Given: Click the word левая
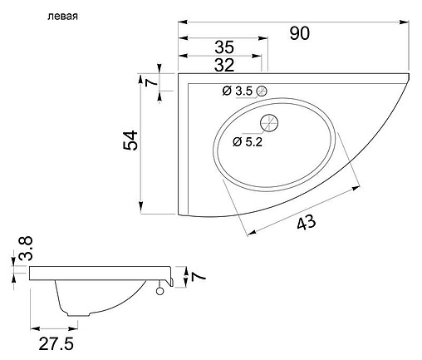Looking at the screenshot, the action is click(62, 17).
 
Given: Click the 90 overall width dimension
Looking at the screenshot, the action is click(300, 33).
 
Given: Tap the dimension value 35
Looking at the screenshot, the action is click(224, 47).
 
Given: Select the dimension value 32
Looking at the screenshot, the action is click(224, 66).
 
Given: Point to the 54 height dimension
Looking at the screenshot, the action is click(130, 141).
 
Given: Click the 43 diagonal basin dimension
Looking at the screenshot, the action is click(306, 222).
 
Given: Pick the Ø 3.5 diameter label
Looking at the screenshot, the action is click(238, 91).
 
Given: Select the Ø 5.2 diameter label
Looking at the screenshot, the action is click(248, 142).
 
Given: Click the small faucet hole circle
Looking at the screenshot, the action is click(262, 91).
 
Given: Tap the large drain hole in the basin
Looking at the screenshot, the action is click(269, 123).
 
